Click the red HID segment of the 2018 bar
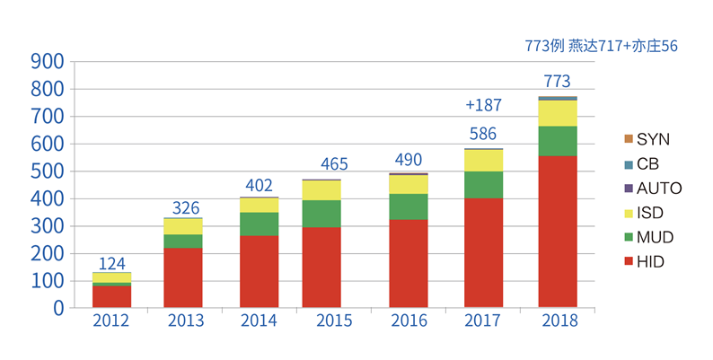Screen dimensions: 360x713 click(x=558, y=232)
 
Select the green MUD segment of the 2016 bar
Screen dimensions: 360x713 click(x=409, y=206)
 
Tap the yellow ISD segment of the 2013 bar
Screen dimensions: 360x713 click(x=183, y=226)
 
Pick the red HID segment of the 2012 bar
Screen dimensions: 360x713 click(x=111, y=296)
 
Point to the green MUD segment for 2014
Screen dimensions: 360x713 click(x=259, y=224)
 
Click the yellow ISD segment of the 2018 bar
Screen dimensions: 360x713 click(x=558, y=113)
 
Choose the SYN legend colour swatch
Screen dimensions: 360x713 click(x=628, y=139)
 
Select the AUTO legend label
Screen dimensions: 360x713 click(x=660, y=189)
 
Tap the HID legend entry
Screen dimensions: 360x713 click(x=650, y=261)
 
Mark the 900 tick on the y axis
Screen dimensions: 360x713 click(x=47, y=62)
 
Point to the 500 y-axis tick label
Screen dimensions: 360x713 click(x=47, y=171)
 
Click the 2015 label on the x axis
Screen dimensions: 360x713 click(x=334, y=321)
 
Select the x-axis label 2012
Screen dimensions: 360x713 click(x=111, y=321)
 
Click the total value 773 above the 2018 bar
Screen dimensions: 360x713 click(x=557, y=82)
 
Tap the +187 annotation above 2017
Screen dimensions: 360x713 click(x=483, y=105)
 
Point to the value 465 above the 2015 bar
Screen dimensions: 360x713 click(x=334, y=164)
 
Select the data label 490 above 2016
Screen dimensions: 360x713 click(x=409, y=158)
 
